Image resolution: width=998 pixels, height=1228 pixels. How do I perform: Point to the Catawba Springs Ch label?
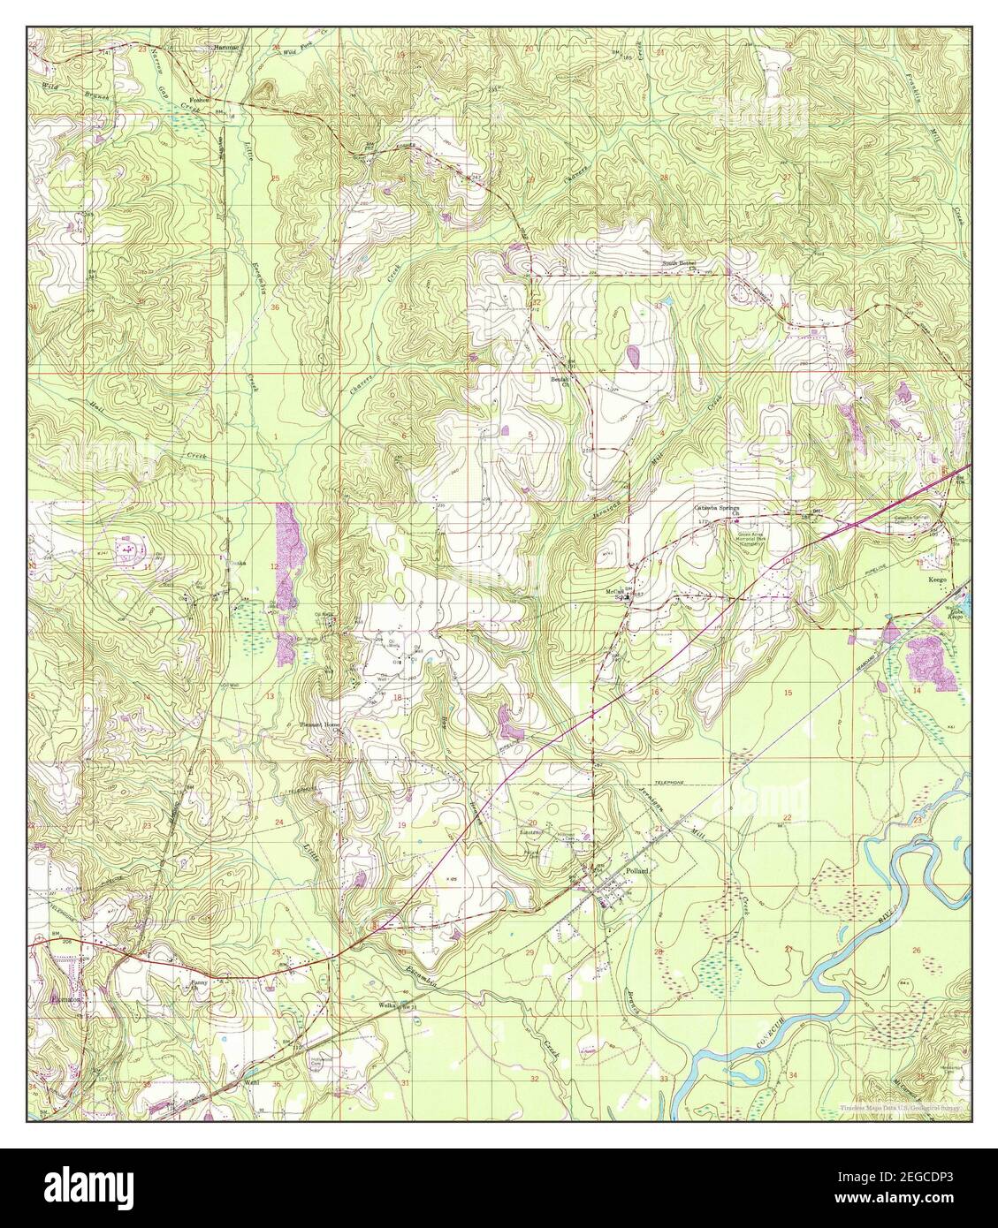[715, 511]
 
